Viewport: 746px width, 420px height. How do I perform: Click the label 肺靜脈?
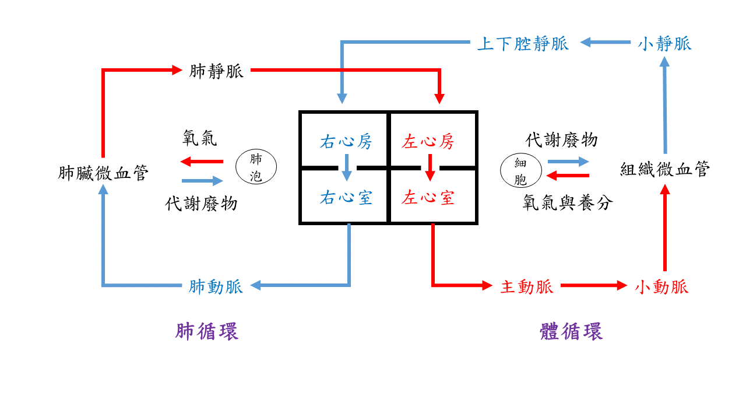pos(216,72)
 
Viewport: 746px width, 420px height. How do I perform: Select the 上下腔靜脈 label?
pos(522,43)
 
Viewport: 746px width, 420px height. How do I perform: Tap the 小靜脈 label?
pos(664,43)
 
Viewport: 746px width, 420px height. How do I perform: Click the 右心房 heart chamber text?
pos(346,142)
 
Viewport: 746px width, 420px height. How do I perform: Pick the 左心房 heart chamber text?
pos(428,142)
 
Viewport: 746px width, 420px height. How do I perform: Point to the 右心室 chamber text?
pos(346,198)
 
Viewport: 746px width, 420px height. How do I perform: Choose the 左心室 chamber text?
pos(428,198)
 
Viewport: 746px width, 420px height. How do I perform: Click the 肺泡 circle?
pos(256,167)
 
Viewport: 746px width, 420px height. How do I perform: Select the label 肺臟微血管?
pos(104,173)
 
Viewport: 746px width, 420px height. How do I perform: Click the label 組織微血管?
pos(665,170)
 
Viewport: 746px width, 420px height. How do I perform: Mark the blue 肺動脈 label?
pos(216,286)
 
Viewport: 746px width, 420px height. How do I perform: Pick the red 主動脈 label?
pos(526,286)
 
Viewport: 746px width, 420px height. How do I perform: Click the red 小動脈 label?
pos(661,286)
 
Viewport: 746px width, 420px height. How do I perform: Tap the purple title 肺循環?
pos(207,332)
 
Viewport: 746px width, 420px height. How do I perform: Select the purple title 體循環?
pos(571,332)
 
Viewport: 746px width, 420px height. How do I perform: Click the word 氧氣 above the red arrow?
pos(200,139)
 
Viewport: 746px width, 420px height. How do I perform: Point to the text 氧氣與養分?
pos(568,204)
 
